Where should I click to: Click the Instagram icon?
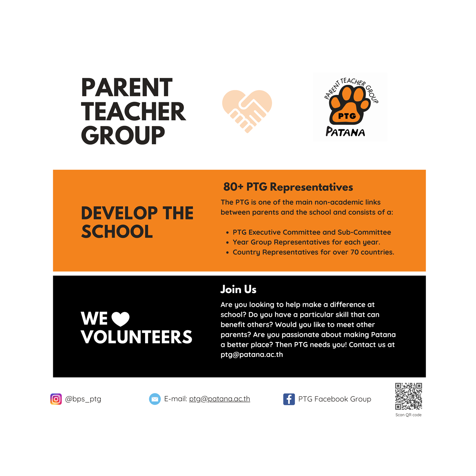(56, 399)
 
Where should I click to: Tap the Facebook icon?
(289, 399)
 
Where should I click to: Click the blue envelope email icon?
(155, 399)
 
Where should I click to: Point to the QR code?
(408, 396)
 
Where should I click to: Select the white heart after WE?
(120, 319)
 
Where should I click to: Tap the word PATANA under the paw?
(345, 132)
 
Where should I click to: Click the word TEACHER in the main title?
(133, 112)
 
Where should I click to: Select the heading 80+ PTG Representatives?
(288, 187)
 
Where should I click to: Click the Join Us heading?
(238, 289)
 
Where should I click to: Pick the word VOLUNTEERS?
(136, 337)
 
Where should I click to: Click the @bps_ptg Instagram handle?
(83, 399)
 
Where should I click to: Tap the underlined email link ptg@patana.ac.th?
(219, 399)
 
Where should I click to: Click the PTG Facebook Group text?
(335, 399)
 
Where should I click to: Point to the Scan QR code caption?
(408, 415)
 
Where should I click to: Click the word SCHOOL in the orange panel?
(117, 232)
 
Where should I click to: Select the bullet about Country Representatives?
(313, 252)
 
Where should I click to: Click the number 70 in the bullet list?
(355, 252)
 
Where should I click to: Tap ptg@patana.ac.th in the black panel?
(252, 355)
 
